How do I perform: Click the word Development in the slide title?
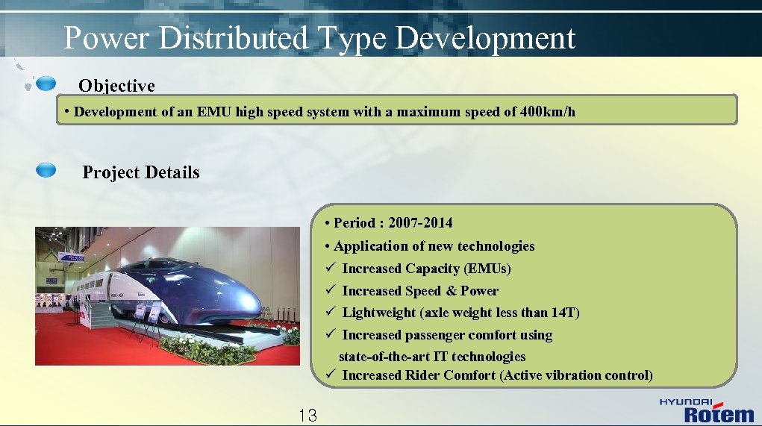click(x=484, y=37)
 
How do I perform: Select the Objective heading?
click(x=116, y=86)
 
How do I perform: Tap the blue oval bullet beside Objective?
click(x=46, y=82)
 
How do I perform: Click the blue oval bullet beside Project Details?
click(x=46, y=171)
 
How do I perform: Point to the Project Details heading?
click(x=141, y=172)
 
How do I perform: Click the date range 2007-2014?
click(x=420, y=222)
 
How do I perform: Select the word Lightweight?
click(x=379, y=313)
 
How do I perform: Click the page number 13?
click(x=307, y=416)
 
